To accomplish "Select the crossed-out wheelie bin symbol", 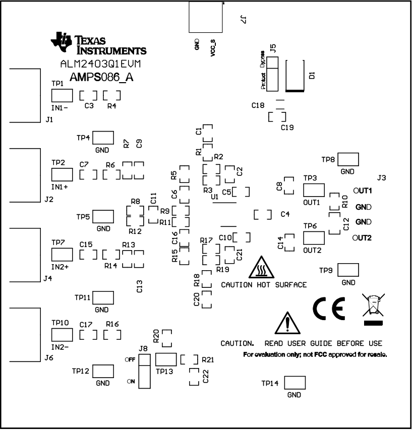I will click(373, 308).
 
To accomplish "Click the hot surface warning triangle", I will click(262, 268).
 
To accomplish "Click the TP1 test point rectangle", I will click(62, 96).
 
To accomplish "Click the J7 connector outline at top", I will click(205, 16).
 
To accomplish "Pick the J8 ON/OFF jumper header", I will click(145, 370).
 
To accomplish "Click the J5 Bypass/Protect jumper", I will click(272, 73).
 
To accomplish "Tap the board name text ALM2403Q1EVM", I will click(100, 65).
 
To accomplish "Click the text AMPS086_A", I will click(98, 77).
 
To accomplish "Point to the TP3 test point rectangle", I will click(314, 190).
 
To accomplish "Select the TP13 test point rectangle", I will click(166, 359).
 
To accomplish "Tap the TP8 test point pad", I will click(348, 159).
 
